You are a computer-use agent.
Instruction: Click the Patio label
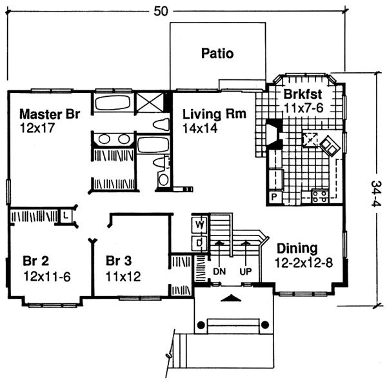pos(216,53)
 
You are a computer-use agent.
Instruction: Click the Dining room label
pos(297,248)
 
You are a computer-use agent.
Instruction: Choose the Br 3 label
pos(118,261)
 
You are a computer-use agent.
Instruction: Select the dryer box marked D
pos(200,242)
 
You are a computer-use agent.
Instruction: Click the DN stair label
pos(220,272)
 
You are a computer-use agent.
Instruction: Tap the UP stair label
pos(246,272)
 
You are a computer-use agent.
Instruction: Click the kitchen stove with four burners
pos(319,196)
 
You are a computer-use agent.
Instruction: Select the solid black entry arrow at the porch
pos(233,298)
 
